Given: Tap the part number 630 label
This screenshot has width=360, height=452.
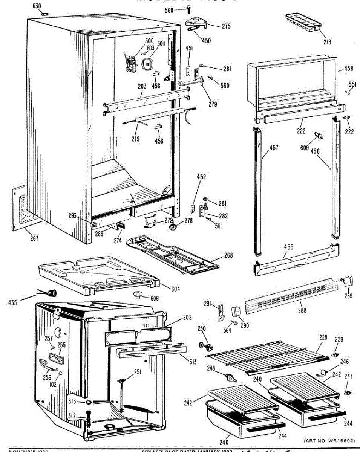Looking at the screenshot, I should (37, 6).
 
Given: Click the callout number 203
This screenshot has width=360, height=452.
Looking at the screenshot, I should (142, 87).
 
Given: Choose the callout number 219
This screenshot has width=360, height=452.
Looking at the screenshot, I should (135, 139).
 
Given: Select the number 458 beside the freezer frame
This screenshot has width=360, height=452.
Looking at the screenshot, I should (349, 69).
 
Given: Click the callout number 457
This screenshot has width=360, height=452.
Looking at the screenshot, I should (274, 148).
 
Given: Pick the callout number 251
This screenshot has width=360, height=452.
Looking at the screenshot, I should (138, 372).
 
